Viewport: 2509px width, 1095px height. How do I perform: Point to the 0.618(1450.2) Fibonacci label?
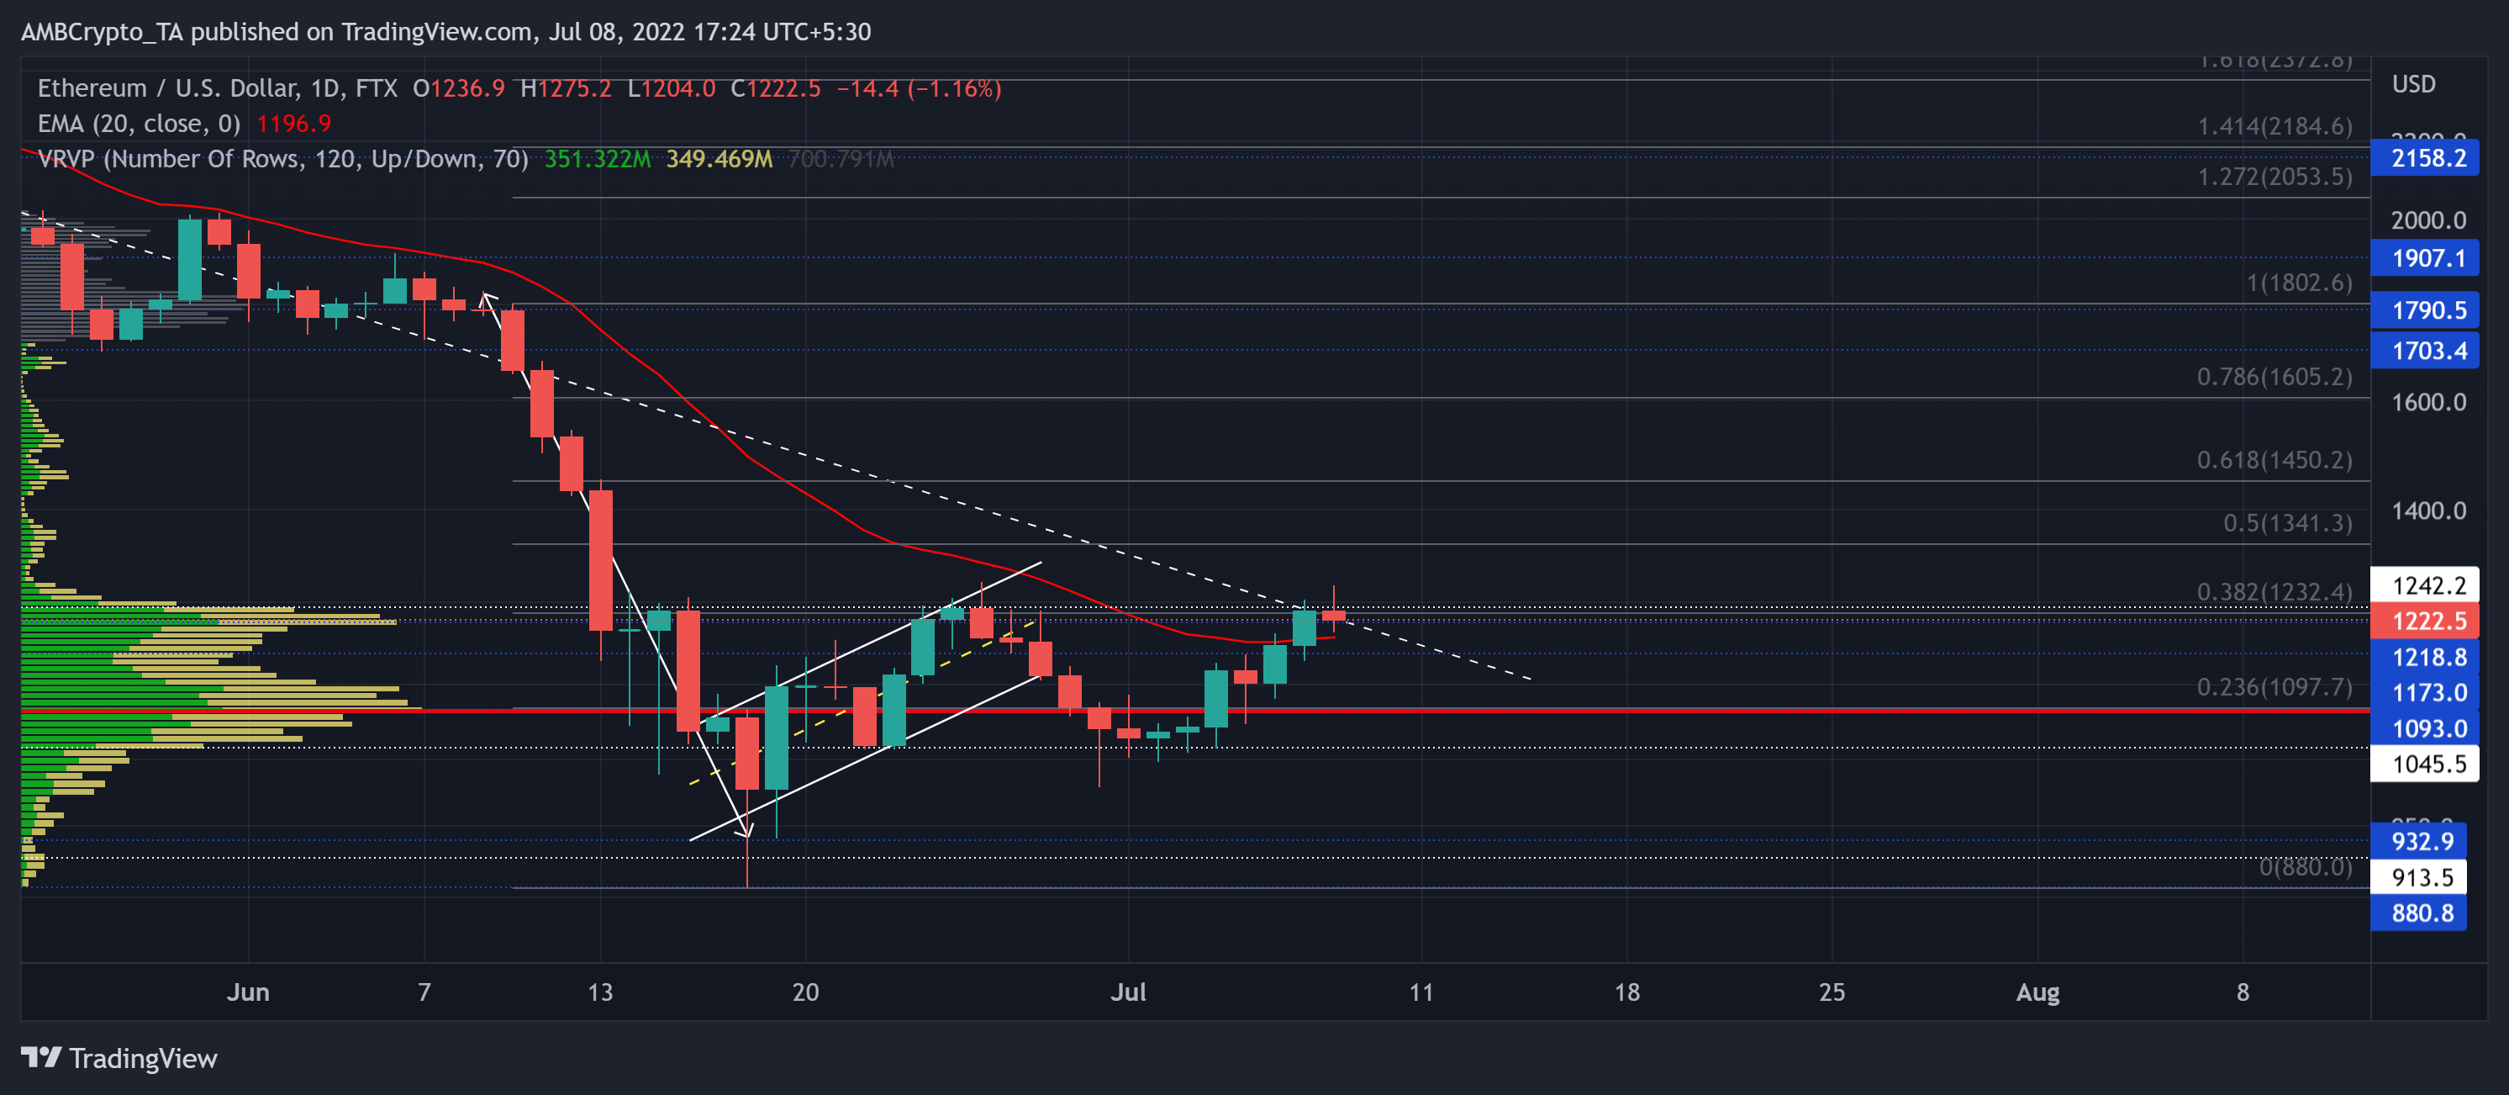point(2274,459)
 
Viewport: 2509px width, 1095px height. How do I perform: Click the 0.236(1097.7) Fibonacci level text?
point(2274,687)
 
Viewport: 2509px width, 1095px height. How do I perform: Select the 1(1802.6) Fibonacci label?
point(2299,283)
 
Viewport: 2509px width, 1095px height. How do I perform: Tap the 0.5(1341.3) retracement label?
point(2286,523)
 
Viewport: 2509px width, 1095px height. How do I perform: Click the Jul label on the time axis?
point(1128,992)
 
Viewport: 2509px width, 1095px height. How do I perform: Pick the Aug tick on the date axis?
point(2037,992)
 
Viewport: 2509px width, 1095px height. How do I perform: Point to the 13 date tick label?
point(600,992)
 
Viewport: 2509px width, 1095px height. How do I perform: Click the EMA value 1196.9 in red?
point(293,124)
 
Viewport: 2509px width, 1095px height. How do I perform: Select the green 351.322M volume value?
point(596,159)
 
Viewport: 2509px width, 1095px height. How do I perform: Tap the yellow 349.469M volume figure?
point(719,159)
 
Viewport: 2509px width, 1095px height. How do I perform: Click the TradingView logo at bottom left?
point(119,1058)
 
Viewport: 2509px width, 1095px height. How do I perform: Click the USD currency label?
point(2412,85)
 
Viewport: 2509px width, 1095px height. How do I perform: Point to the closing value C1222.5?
point(775,88)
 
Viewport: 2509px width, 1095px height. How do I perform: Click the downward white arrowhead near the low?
point(746,830)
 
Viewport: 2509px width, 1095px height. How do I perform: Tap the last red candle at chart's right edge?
point(1333,615)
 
